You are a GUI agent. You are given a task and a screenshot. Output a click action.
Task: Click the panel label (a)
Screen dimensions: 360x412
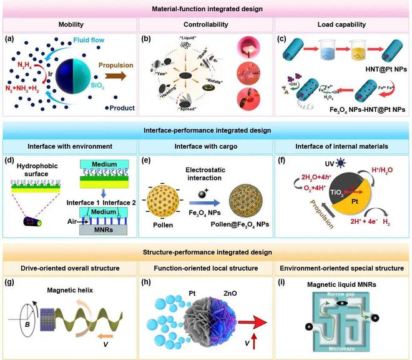(x=11, y=39)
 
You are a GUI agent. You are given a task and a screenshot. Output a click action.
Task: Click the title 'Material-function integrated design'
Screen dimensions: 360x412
(x=206, y=8)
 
